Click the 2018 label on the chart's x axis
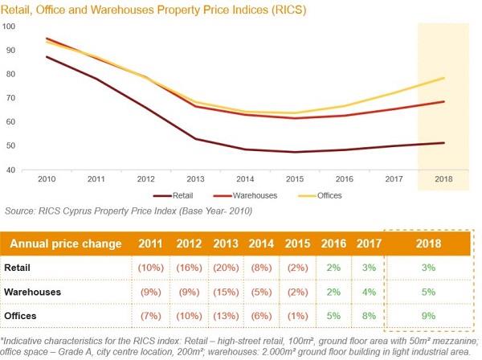[x=443, y=180]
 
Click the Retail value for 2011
[x=153, y=265]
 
